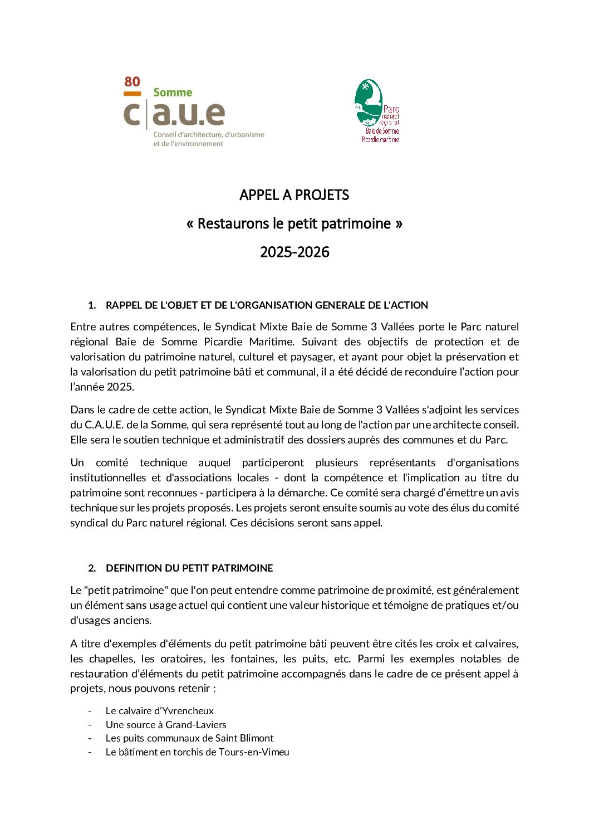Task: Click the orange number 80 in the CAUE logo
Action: (132, 82)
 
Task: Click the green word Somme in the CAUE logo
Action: (173, 92)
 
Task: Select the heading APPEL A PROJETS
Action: (294, 195)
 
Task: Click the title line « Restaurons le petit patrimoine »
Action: (294, 223)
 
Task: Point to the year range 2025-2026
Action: (294, 252)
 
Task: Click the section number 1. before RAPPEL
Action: (92, 305)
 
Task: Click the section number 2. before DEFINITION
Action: (92, 568)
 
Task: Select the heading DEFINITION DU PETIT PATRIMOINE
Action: (189, 568)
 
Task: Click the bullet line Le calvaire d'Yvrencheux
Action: (159, 711)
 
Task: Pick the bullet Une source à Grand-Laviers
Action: (166, 725)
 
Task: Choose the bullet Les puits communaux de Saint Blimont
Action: (189, 738)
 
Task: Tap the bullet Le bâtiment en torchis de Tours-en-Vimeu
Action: (197, 752)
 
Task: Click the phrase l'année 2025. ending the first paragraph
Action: (102, 387)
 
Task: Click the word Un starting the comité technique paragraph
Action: (77, 462)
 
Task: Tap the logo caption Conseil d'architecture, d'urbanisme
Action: (208, 135)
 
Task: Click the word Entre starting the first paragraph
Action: (83, 326)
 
